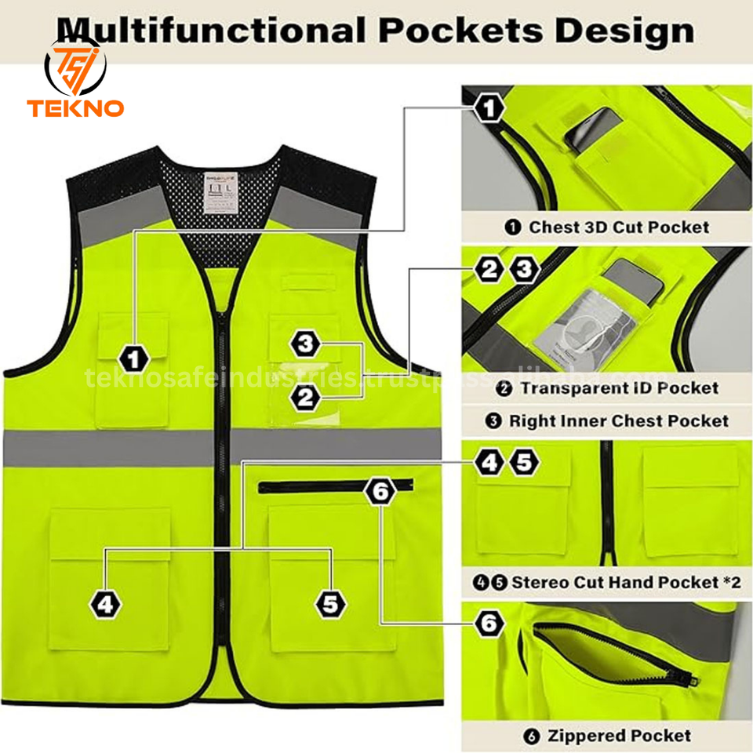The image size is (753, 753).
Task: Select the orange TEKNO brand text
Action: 75,107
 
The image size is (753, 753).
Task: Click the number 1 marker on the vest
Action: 136,359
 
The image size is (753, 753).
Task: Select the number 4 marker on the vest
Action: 107,604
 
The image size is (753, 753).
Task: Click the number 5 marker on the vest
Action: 330,604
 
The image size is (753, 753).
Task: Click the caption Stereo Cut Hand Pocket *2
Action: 608,582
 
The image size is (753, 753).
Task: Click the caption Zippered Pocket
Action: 608,736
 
